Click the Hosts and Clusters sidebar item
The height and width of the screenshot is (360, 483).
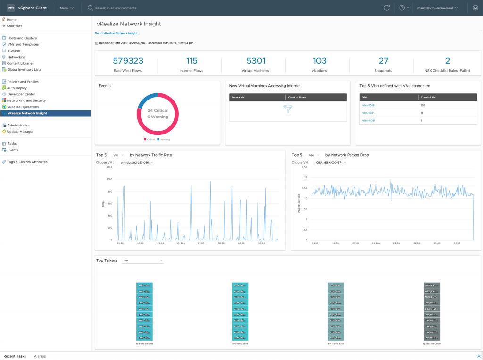pos(22,38)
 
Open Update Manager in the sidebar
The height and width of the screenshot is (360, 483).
pos(20,132)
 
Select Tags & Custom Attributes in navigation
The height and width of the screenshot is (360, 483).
pos(27,162)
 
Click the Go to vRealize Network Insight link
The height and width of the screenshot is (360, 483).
pos(116,33)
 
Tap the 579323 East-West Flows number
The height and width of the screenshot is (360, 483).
pos(128,61)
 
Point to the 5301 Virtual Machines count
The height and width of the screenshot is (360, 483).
pos(256,61)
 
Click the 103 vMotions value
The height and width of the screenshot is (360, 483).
pos(319,61)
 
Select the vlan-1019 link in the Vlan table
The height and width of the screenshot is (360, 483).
pos(368,105)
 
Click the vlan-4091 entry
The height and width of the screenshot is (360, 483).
pos(368,121)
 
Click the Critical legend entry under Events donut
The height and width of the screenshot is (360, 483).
pos(150,139)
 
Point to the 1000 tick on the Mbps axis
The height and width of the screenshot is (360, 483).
pos(109,179)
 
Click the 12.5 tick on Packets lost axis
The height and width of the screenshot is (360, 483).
pos(305,188)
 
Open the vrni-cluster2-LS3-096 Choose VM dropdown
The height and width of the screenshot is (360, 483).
pos(137,163)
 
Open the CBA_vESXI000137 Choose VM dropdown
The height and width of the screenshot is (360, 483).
pos(331,163)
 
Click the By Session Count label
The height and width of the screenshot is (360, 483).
pos(432,344)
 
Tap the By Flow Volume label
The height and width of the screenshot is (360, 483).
pos(144,344)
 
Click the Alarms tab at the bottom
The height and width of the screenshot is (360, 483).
pos(40,356)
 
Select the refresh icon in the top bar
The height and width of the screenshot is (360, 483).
pos(387,8)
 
